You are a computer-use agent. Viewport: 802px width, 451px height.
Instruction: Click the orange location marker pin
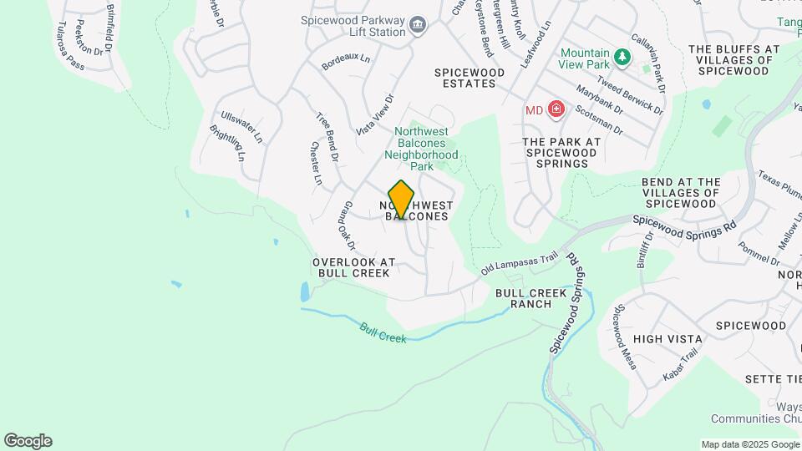[402, 199]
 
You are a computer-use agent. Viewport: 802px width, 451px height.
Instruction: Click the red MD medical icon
[556, 109]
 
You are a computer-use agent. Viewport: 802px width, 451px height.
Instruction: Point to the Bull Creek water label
[383, 332]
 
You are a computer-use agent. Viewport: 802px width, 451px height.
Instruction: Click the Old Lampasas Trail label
[519, 264]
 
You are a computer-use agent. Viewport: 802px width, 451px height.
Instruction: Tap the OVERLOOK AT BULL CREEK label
[353, 267]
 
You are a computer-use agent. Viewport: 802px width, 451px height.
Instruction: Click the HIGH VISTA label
[667, 339]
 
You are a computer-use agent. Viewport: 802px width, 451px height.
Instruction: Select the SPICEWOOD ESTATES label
[470, 79]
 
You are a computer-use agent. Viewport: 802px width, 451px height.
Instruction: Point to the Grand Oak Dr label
[347, 225]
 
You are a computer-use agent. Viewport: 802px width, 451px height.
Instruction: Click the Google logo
[28, 441]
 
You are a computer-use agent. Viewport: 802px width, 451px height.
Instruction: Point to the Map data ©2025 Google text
[749, 444]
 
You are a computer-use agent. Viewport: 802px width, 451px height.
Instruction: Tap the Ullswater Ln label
[241, 126]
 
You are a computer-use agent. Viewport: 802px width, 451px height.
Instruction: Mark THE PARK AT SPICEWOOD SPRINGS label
[561, 153]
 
